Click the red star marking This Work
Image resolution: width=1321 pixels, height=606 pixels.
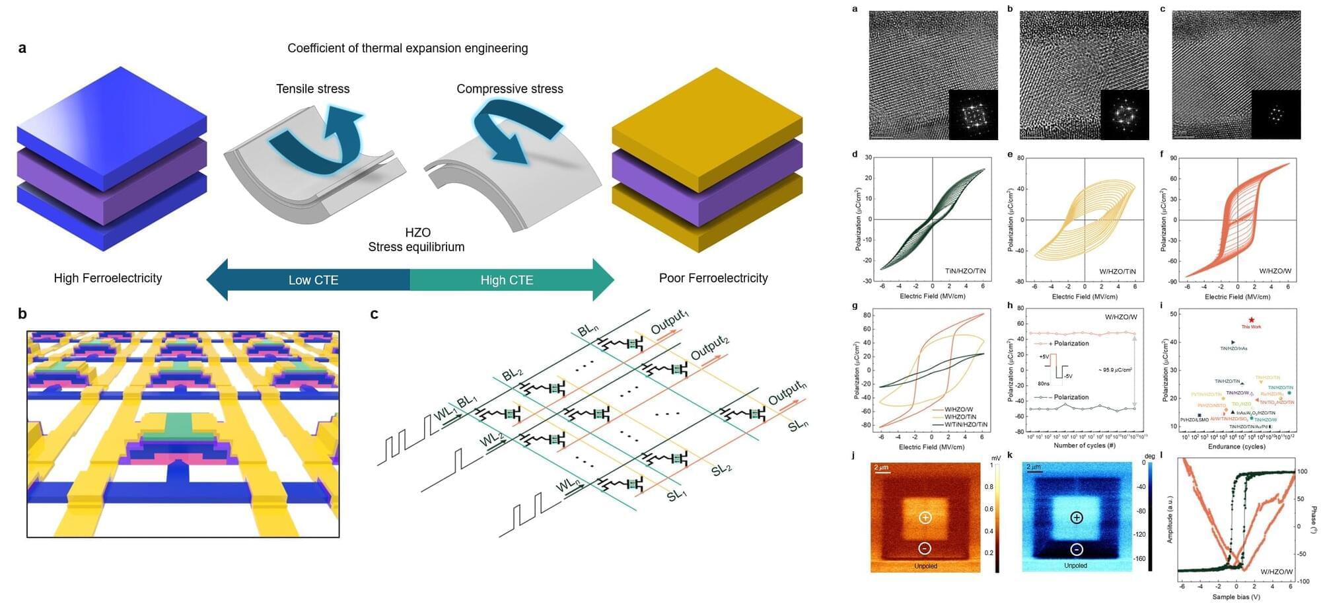(1251, 320)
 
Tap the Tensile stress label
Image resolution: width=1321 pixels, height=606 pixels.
(312, 89)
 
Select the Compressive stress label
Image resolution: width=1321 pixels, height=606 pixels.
(509, 89)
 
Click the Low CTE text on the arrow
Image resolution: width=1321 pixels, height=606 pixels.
(313, 280)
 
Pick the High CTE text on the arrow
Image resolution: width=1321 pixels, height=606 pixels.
(507, 280)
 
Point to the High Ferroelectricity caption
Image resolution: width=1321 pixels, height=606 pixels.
(108, 278)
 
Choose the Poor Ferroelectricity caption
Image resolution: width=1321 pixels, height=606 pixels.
(713, 278)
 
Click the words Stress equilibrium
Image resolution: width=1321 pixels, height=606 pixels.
(416, 247)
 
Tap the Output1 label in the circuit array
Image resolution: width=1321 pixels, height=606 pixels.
(669, 322)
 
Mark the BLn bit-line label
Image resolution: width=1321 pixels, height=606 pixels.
(588, 329)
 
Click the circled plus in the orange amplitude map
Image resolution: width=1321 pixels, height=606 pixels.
(925, 517)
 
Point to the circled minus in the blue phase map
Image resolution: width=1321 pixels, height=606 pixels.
(1076, 549)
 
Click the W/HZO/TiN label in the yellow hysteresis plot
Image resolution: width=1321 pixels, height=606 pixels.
(1117, 272)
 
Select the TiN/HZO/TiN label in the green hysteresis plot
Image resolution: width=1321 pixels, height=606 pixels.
(965, 271)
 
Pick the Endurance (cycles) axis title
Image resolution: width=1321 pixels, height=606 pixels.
(1236, 447)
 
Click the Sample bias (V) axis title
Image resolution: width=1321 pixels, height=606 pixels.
(1236, 597)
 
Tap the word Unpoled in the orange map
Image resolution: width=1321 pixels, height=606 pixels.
(925, 566)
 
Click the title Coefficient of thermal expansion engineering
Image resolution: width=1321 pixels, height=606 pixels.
(408, 48)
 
